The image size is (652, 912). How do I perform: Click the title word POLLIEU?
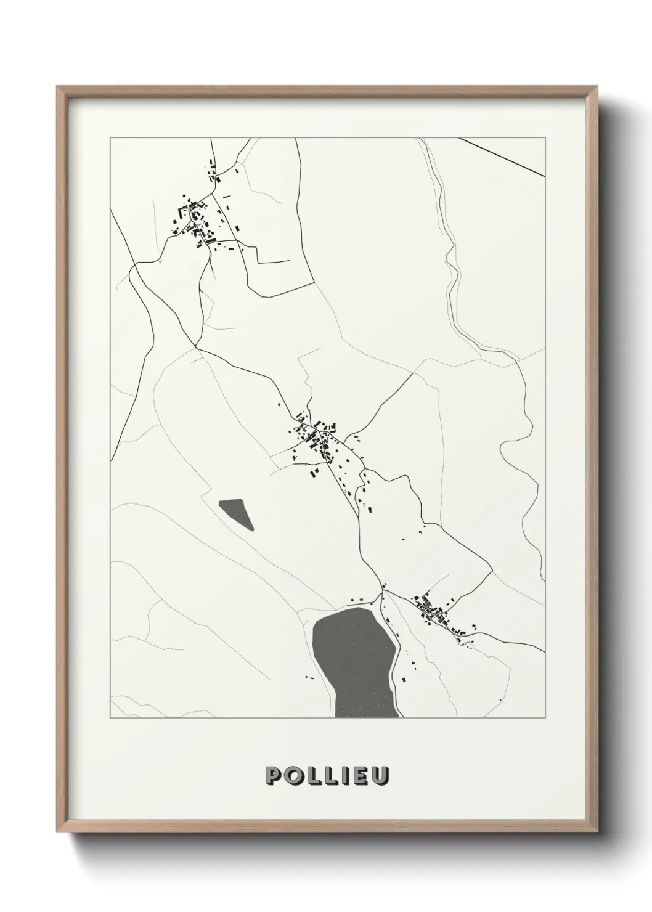pyautogui.click(x=327, y=775)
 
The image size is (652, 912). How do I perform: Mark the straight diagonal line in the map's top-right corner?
pyautogui.click(x=502, y=157)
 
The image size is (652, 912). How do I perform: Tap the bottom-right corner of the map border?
pyautogui.click(x=545, y=718)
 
